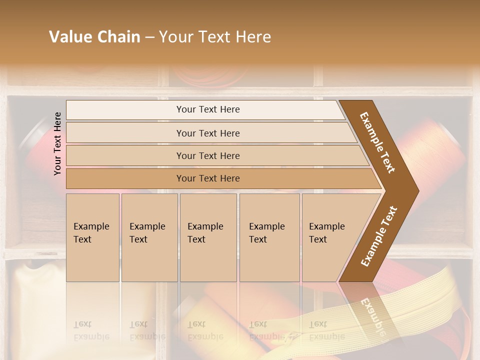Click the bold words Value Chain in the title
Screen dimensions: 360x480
(94, 37)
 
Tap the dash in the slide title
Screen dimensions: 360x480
(149, 37)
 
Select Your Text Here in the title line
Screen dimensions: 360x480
(215, 37)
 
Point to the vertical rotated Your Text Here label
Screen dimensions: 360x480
(58, 143)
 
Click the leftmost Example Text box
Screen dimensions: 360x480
(92, 237)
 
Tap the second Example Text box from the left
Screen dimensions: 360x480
(149, 237)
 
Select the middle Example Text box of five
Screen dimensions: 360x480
(208, 237)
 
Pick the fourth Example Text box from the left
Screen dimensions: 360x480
(269, 237)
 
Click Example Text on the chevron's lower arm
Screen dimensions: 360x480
(379, 236)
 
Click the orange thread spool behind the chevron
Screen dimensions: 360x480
(440, 150)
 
